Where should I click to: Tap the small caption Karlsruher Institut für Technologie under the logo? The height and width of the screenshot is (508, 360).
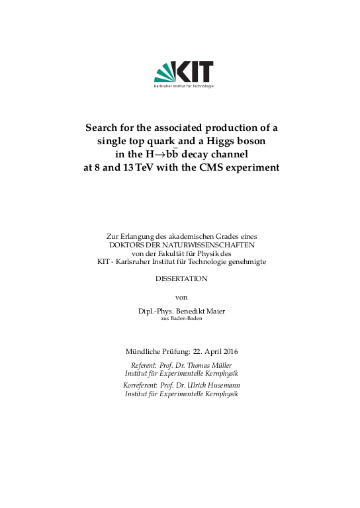pos(183,87)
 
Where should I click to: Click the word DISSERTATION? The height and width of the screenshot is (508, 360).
pos(181,279)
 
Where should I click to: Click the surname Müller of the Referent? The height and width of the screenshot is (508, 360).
pos(225,365)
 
